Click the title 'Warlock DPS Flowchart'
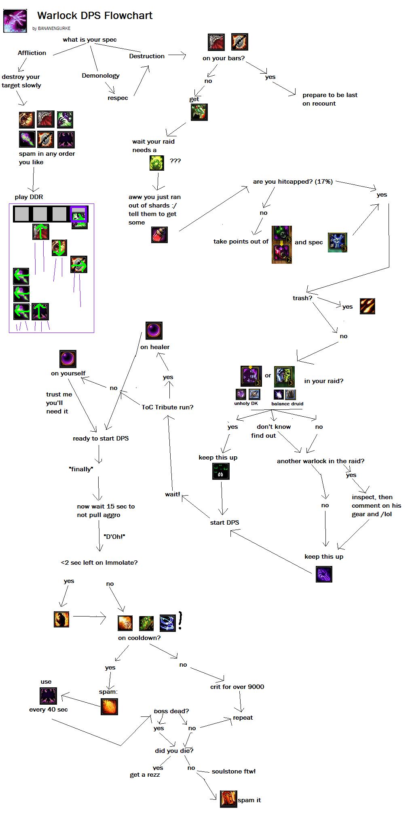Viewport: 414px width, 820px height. coord(95,16)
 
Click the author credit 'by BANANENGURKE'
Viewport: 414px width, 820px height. coord(51,29)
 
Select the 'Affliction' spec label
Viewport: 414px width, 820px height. coord(32,53)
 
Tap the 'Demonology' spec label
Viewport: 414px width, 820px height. coord(101,76)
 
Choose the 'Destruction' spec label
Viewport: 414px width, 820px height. coord(147,56)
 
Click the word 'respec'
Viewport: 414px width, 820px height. coord(118,98)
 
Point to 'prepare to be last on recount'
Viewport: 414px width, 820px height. coord(330,99)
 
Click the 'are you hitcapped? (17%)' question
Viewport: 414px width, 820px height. coord(293,182)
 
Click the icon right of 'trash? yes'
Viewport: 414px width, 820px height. coord(367,306)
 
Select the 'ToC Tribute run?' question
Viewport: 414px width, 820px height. coord(167,407)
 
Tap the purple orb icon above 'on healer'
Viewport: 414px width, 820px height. coord(154,331)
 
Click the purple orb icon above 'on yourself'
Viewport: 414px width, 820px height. coord(68,359)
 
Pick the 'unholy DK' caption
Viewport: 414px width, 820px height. coord(246,403)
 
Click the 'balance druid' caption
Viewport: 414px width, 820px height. coord(287,403)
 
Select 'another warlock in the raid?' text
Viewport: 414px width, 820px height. coord(321,461)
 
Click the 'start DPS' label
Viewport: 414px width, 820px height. coord(224,523)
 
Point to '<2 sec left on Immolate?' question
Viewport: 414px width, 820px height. coord(99,563)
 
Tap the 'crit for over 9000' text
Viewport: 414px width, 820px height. coord(237,687)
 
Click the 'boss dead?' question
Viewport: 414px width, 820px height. coord(171,711)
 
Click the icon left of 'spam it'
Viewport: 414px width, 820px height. coord(228,799)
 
